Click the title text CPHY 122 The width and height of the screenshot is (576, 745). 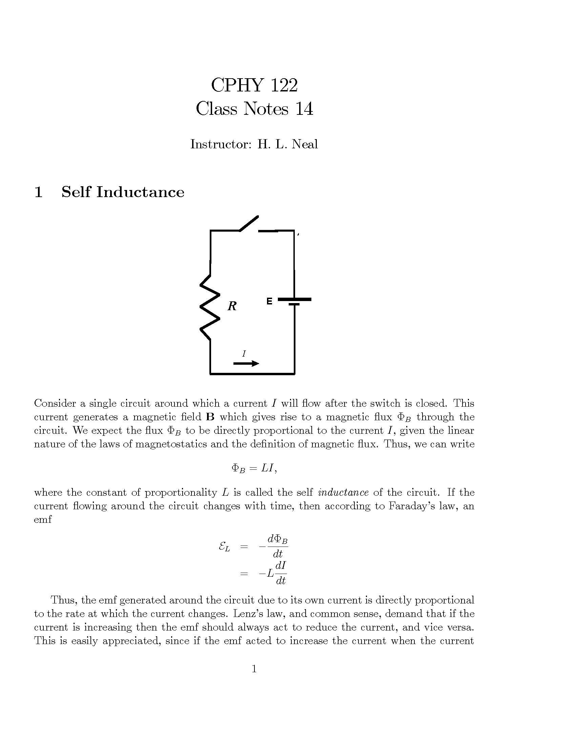coord(254,85)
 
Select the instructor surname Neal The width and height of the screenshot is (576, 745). coord(305,144)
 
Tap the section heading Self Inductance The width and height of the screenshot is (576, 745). coord(123,192)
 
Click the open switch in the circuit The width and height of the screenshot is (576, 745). coord(249,223)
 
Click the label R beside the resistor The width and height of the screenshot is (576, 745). coord(232,306)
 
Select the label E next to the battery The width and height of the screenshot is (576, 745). coord(269,301)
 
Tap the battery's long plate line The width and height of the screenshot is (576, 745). coord(294,299)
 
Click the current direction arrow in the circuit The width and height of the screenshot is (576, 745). coord(246,364)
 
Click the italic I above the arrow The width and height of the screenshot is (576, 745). coord(244,354)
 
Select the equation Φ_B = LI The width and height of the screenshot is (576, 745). coord(254,468)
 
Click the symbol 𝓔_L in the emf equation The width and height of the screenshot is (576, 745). coord(224,547)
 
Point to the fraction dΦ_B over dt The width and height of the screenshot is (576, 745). coord(277,546)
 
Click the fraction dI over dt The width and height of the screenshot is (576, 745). coord(281,573)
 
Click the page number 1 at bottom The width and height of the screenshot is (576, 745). coord(254,669)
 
